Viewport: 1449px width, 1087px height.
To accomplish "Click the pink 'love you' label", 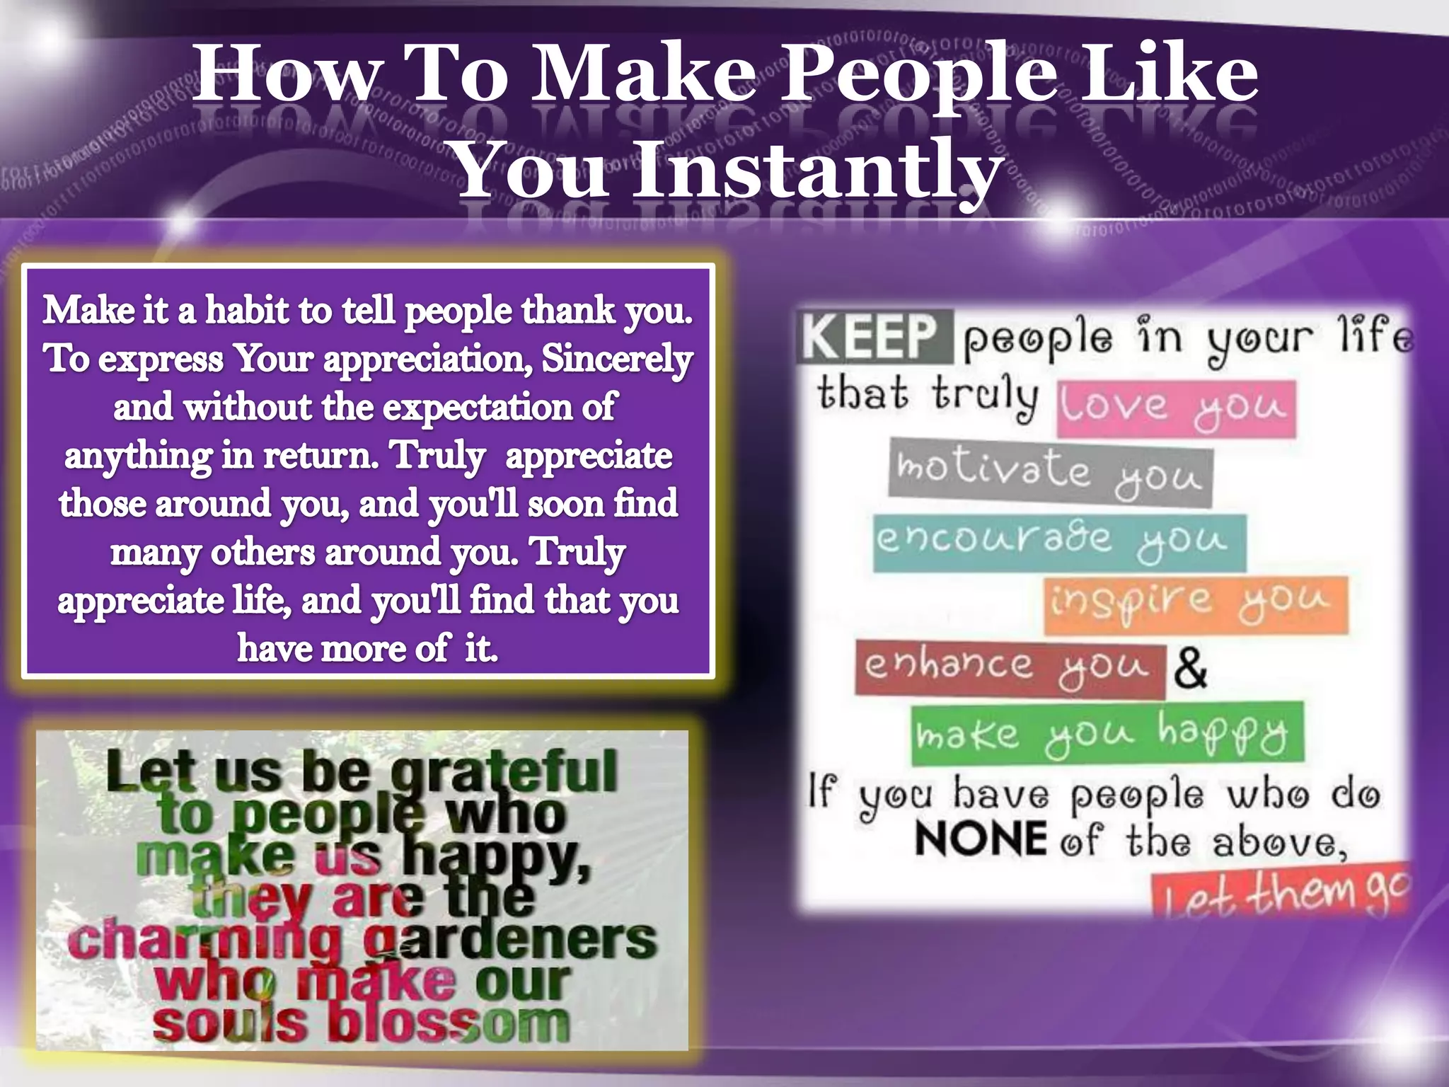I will pos(1175,408).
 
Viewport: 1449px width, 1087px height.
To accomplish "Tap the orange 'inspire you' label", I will pos(1195,604).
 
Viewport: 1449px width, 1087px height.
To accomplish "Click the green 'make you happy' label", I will pos(1107,733).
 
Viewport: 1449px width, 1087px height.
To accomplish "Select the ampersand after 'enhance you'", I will pos(1191,669).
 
